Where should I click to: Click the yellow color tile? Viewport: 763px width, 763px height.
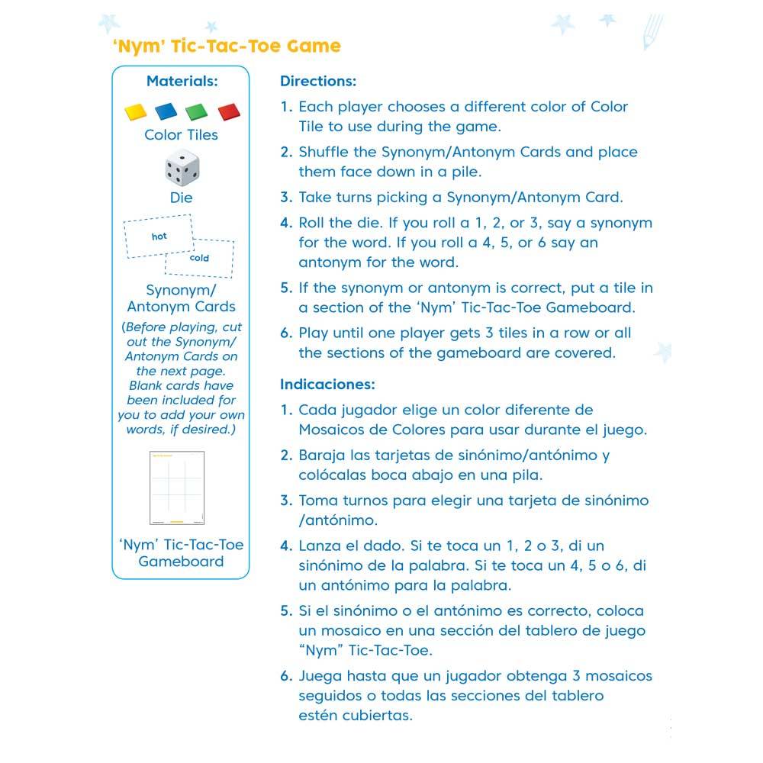point(135,111)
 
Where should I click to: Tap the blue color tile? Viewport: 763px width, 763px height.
point(166,111)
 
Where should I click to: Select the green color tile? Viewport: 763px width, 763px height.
point(196,111)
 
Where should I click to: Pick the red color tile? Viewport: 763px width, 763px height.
point(227,112)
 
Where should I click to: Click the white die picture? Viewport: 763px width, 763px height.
point(181,168)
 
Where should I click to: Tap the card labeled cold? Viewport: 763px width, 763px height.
point(199,258)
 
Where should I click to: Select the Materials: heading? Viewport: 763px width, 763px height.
point(182,81)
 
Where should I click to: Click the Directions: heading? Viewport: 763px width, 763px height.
point(318,81)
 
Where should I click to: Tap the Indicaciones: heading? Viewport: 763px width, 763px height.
point(327,385)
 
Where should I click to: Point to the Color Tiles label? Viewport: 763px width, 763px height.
point(181,135)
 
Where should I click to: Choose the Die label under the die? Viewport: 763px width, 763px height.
point(181,198)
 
